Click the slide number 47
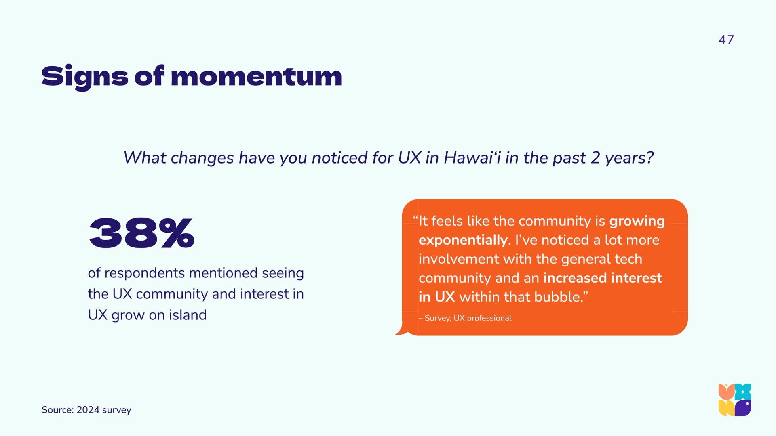pyautogui.click(x=726, y=40)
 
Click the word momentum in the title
pyautogui.click(x=256, y=76)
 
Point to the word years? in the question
pyautogui.click(x=629, y=158)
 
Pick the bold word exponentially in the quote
pyautogui.click(x=463, y=241)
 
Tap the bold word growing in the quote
pyautogui.click(x=637, y=222)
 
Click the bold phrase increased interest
pyautogui.click(x=603, y=278)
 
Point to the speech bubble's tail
pyautogui.click(x=401, y=329)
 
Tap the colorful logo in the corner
pyautogui.click(x=734, y=400)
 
